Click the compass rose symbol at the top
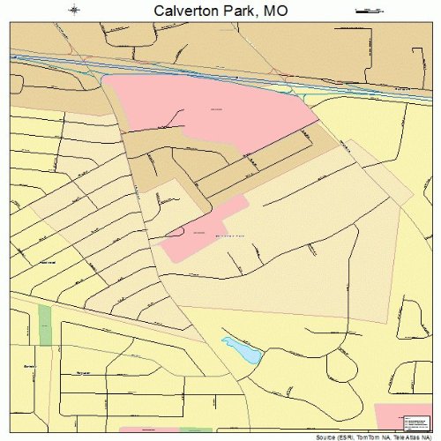[76, 10]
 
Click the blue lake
[242, 350]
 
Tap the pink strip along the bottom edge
[146, 429]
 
